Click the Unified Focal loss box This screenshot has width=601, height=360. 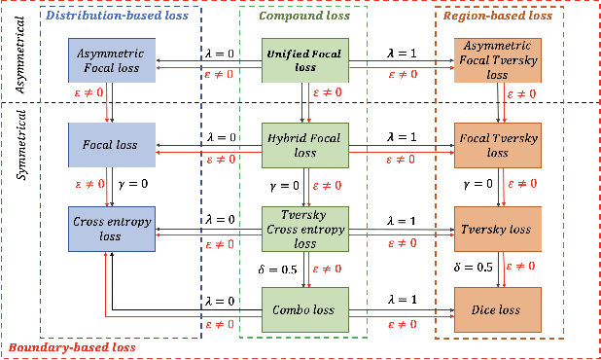tap(305, 60)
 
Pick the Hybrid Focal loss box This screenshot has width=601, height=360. tap(305, 144)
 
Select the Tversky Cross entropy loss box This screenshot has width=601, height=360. tap(305, 228)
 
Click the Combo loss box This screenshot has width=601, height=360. tap(305, 308)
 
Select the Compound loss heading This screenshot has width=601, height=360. tap(304, 17)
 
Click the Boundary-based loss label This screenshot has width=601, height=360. tap(70, 347)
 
